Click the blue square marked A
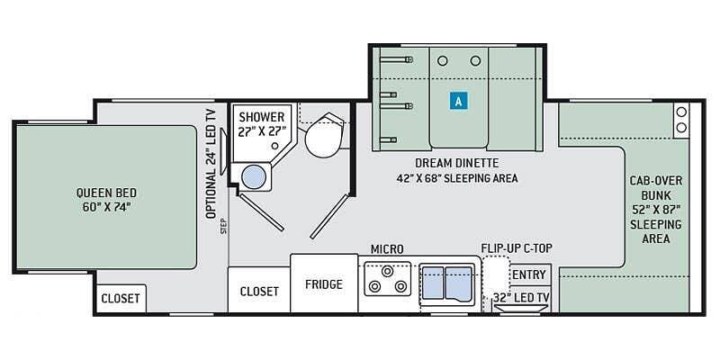[x=458, y=101]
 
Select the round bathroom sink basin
[x=254, y=176]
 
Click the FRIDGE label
[x=324, y=284]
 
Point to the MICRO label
[x=387, y=249]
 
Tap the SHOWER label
[x=262, y=117]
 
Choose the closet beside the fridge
[x=259, y=291]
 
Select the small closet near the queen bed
[x=121, y=298]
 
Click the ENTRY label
[x=529, y=275]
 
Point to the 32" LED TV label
[x=521, y=297]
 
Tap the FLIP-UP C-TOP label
[x=517, y=248]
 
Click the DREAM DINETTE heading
[x=457, y=163]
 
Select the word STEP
[x=224, y=226]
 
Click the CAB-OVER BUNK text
[x=656, y=188]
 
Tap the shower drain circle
[x=274, y=146]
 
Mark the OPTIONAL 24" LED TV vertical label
[x=211, y=163]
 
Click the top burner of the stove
[x=388, y=271]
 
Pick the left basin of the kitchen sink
[x=433, y=283]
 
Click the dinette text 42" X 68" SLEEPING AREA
[x=457, y=178]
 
